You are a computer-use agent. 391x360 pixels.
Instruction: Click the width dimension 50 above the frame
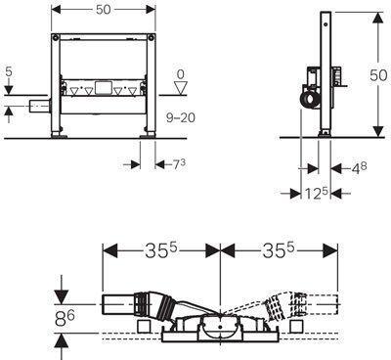(x=104, y=10)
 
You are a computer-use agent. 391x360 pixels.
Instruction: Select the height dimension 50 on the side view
(x=378, y=75)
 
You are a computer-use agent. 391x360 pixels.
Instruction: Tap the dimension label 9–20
(x=181, y=117)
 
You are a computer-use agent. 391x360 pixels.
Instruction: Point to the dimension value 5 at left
(x=9, y=71)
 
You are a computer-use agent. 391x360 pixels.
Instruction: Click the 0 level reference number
(x=180, y=74)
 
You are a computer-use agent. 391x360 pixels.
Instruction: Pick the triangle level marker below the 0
(x=180, y=88)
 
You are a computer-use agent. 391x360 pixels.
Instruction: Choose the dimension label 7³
(x=179, y=164)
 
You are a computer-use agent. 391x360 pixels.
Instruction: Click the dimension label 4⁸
(x=359, y=168)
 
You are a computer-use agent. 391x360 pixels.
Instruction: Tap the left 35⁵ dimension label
(x=161, y=251)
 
